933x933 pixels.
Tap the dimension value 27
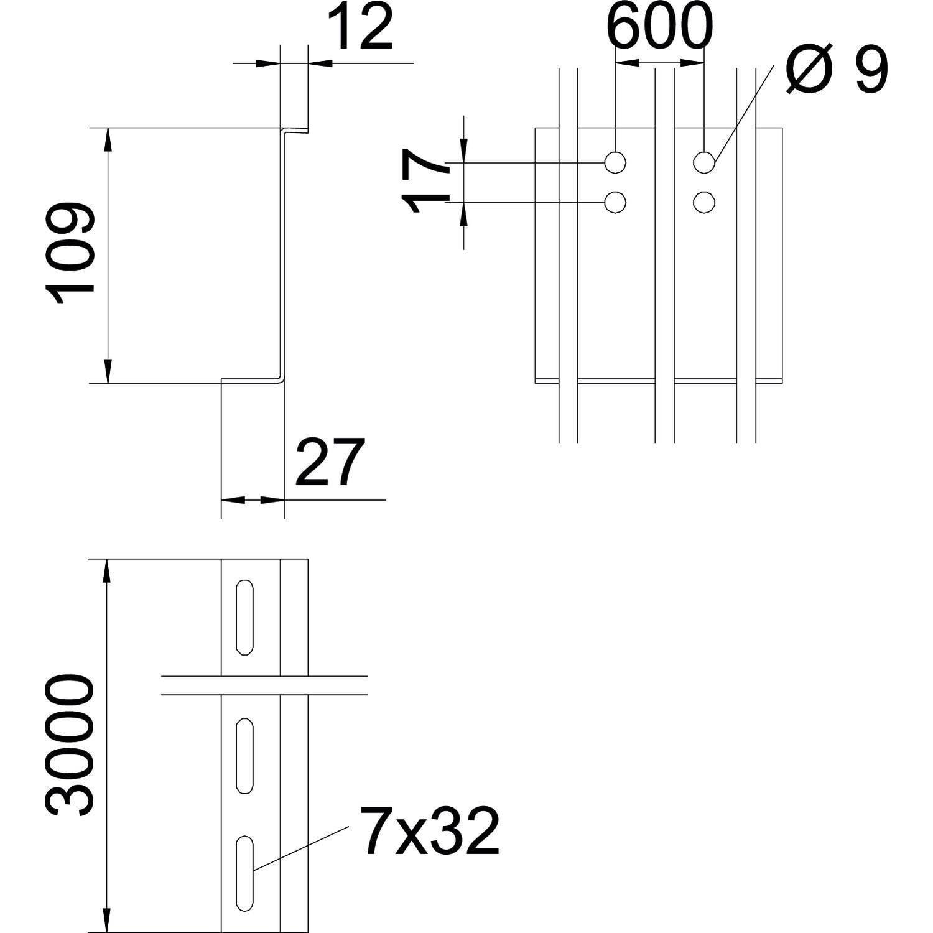(329, 462)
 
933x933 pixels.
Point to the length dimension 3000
(69, 746)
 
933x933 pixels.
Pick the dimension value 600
(659, 27)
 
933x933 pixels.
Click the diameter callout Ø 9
(837, 71)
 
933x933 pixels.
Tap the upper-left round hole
(615, 162)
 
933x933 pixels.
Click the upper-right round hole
(704, 162)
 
